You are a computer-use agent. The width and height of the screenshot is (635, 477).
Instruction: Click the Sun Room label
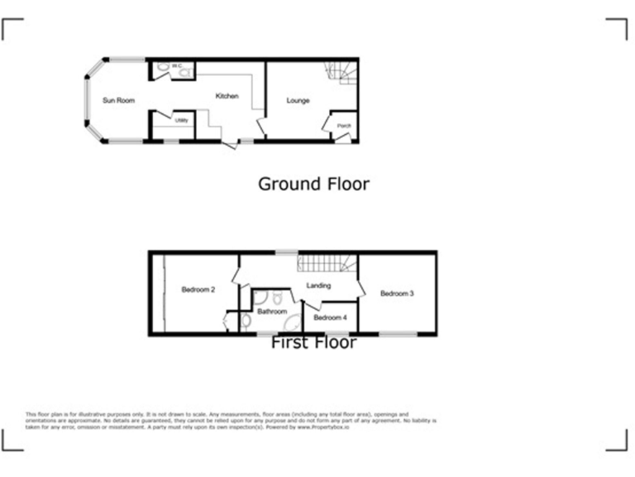(118, 100)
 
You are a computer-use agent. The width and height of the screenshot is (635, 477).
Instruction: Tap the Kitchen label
(227, 97)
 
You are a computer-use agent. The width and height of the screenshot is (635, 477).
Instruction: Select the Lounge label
(298, 101)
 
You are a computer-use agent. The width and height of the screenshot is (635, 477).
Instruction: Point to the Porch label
(344, 126)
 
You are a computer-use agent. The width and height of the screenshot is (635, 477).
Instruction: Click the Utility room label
(182, 121)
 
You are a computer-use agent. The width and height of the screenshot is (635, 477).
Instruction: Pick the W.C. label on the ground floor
(176, 65)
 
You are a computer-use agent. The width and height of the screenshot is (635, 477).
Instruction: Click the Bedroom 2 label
(198, 290)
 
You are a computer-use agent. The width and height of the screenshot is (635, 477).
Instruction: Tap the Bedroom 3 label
(397, 293)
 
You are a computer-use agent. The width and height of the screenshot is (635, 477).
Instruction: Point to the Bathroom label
(271, 312)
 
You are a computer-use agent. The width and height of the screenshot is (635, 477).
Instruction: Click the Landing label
(318, 286)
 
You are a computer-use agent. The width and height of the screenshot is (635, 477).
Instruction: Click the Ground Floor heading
(313, 184)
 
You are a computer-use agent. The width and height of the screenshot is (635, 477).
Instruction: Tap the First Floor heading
(313, 343)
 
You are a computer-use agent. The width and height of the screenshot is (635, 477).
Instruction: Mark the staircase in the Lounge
(341, 73)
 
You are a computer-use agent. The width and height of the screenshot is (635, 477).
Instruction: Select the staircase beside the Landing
(326, 263)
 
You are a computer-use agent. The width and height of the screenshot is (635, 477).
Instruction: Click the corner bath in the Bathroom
(292, 322)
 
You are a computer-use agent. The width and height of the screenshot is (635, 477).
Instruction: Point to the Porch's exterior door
(341, 138)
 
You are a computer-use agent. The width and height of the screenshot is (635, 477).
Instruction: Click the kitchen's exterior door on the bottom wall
(229, 144)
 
